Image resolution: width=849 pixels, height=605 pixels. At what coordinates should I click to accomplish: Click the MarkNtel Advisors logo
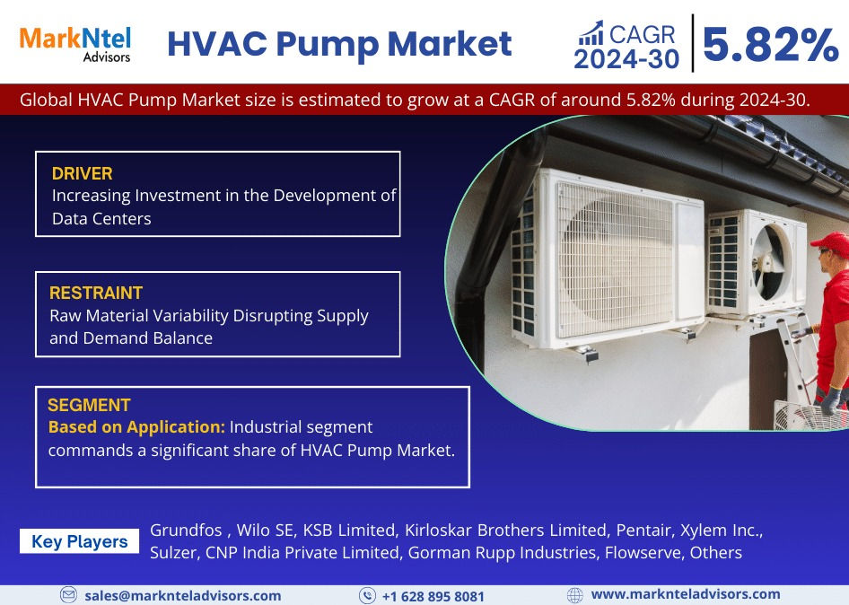click(x=75, y=43)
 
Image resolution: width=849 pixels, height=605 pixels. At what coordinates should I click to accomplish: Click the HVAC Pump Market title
click(x=339, y=43)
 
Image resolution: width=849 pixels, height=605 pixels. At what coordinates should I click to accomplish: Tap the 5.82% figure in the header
click(x=770, y=45)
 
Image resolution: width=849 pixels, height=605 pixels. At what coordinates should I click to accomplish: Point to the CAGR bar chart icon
click(x=590, y=33)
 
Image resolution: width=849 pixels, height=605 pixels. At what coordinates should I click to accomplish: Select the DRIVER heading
click(x=82, y=173)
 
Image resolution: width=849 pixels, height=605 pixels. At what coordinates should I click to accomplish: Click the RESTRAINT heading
click(x=96, y=293)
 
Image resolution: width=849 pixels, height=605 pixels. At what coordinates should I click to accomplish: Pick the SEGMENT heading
click(x=89, y=405)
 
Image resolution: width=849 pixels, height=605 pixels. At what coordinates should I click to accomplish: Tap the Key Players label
click(x=80, y=541)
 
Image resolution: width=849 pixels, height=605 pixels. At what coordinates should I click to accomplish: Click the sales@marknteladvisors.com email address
click(x=182, y=595)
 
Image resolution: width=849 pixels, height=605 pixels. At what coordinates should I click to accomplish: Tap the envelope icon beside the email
click(x=68, y=595)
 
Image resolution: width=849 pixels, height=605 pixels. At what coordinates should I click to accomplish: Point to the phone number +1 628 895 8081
click(x=433, y=596)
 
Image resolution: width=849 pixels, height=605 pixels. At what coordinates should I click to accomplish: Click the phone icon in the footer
click(x=367, y=596)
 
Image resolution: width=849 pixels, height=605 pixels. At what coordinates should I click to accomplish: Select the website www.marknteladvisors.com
click(x=686, y=594)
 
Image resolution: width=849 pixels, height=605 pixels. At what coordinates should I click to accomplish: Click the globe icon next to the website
click(x=575, y=595)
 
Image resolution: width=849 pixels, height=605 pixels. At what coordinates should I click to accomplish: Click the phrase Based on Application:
click(x=136, y=426)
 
